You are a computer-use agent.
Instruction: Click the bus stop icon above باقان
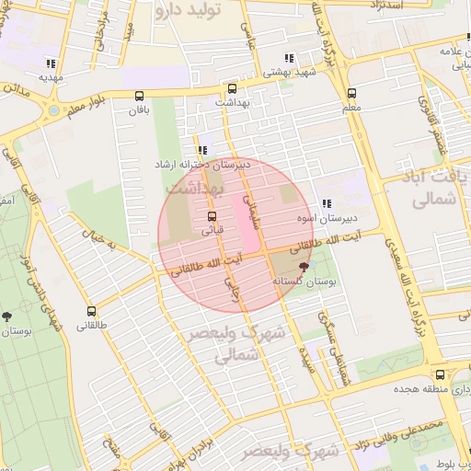point(140,96)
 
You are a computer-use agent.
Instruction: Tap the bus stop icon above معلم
point(351,93)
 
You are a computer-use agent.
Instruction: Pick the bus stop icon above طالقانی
point(90,312)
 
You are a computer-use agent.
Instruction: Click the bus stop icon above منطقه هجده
point(441,375)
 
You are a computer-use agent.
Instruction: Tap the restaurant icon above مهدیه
point(50,63)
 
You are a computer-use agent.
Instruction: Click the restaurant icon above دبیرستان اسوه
point(326,203)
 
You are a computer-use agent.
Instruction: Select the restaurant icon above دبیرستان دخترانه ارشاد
point(201,150)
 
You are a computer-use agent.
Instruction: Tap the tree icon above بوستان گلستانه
point(304,265)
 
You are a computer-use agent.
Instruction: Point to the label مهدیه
point(50,78)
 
